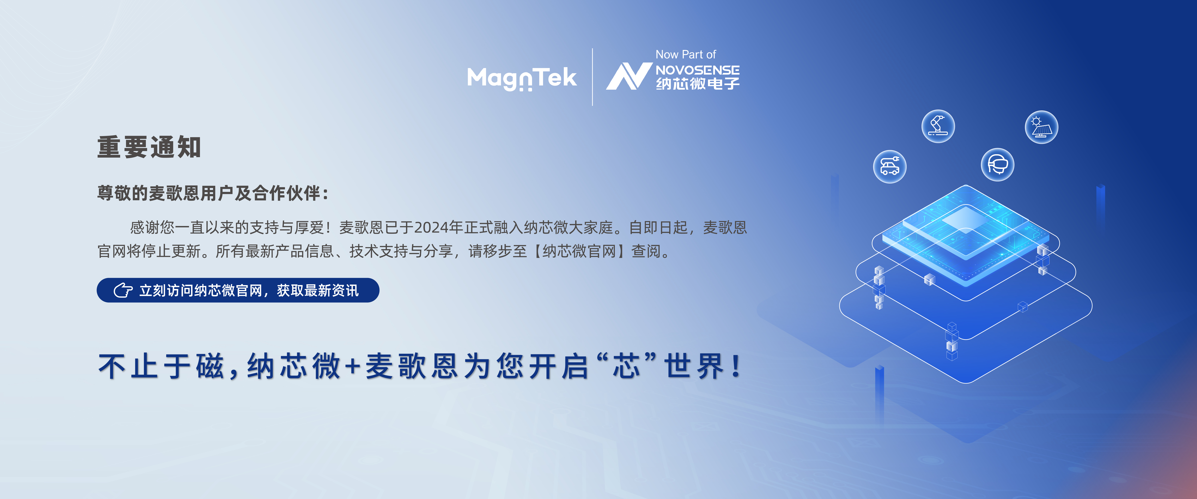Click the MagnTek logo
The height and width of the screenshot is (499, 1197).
(522, 78)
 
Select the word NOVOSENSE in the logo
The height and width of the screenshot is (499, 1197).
(697, 70)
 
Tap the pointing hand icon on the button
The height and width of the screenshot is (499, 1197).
(123, 290)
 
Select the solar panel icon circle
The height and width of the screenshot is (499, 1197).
(1041, 127)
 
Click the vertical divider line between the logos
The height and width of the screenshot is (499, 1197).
(592, 77)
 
